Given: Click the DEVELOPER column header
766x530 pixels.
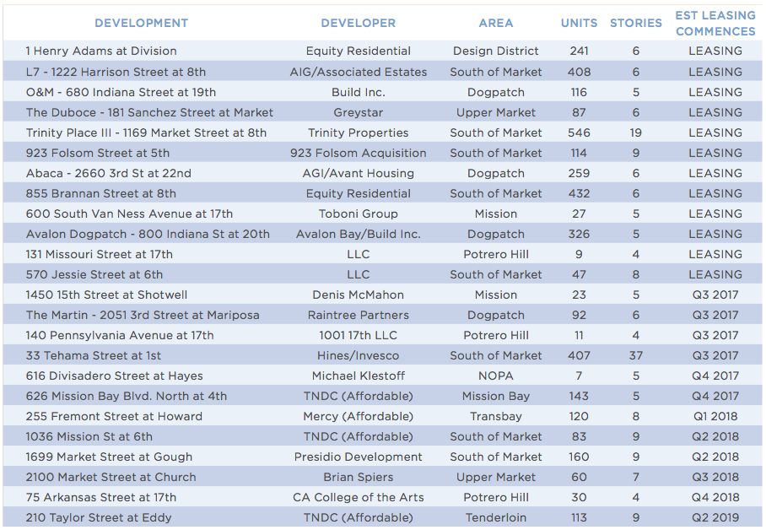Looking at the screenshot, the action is [x=358, y=23].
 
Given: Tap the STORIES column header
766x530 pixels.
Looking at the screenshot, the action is [x=635, y=23].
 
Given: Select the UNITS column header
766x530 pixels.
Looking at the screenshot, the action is [x=579, y=23].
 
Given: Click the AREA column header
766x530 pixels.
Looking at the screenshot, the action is [x=496, y=23].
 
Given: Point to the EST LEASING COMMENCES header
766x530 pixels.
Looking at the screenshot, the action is [x=715, y=24].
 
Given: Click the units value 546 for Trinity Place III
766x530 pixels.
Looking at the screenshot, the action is [x=579, y=132].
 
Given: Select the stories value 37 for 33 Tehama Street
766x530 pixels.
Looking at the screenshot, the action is [x=635, y=355].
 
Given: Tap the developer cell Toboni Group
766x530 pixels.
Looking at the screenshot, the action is [x=358, y=214].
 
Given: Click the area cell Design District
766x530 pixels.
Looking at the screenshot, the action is [x=496, y=51].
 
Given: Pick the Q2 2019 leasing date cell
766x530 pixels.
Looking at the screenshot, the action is [x=715, y=517].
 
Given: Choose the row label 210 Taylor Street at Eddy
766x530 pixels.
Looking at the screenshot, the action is [x=99, y=517].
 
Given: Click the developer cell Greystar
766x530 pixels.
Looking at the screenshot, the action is [x=358, y=112].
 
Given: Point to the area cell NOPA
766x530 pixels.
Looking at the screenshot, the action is [x=496, y=376].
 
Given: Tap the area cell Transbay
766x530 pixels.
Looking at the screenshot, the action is [x=496, y=416].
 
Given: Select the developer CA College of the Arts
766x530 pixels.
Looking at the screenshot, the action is [x=358, y=497].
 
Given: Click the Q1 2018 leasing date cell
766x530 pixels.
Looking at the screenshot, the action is [x=715, y=416].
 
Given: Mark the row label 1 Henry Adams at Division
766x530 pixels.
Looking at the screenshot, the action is [x=101, y=51].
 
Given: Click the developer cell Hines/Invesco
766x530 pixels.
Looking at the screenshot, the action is [x=358, y=355].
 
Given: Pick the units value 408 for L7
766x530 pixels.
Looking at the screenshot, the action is [x=579, y=72].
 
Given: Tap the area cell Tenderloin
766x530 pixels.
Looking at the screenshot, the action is [x=496, y=517].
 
